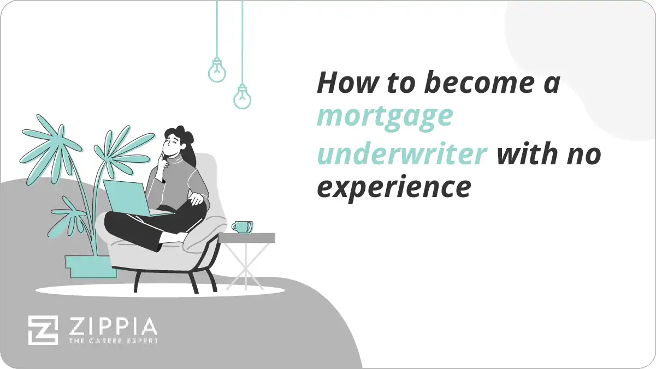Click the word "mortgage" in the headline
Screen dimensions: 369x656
385,117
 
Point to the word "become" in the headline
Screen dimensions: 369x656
463,83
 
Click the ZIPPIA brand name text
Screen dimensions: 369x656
113,327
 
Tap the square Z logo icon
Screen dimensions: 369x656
43,330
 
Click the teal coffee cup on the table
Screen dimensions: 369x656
241,227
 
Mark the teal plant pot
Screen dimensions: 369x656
90,267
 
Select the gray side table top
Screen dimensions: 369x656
247,238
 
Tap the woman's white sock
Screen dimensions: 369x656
173,238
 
